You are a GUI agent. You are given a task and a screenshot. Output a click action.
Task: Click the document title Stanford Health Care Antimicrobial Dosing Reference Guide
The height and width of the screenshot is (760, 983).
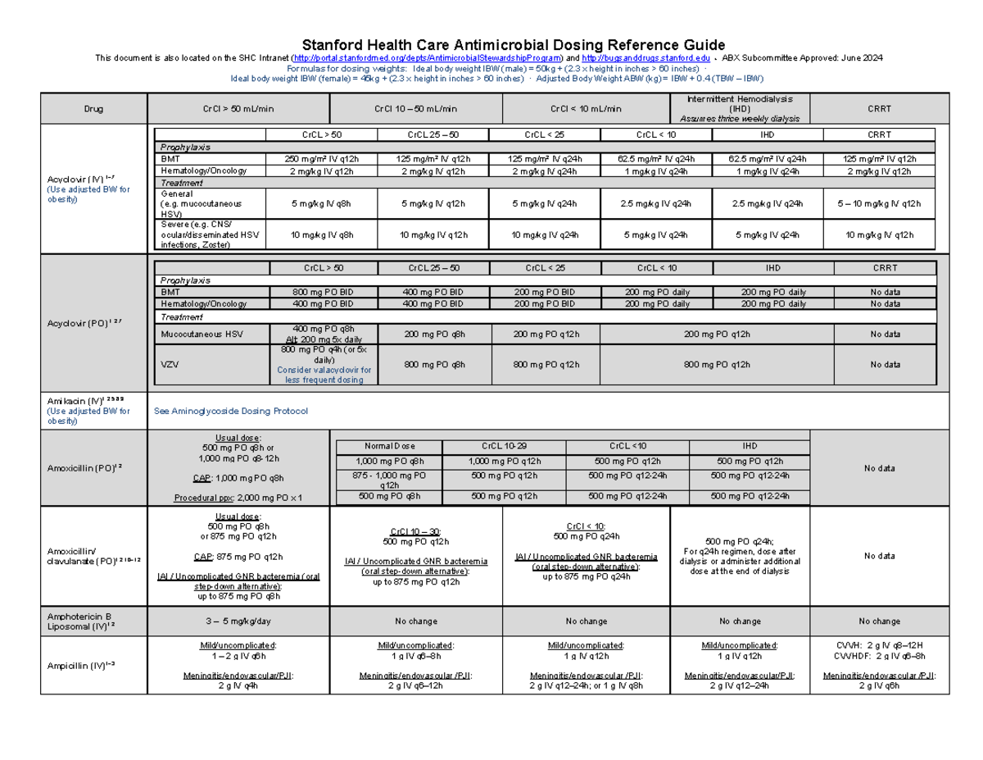click(x=491, y=44)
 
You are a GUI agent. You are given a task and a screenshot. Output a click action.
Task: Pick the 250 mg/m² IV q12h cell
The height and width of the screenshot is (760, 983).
click(x=322, y=159)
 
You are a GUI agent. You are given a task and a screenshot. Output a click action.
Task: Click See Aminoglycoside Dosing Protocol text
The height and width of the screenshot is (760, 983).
click(x=231, y=411)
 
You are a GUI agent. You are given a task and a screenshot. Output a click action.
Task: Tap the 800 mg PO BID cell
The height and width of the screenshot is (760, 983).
click(x=323, y=292)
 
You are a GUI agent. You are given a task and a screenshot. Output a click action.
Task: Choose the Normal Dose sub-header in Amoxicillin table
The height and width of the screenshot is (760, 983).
click(x=389, y=447)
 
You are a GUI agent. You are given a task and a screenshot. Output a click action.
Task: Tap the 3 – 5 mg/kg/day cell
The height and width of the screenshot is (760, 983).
click(x=238, y=621)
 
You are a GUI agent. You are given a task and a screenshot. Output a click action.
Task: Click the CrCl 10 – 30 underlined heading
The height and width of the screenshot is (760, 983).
click(x=414, y=531)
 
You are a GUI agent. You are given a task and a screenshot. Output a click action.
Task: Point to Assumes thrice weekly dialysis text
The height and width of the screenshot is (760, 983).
click(x=740, y=119)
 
